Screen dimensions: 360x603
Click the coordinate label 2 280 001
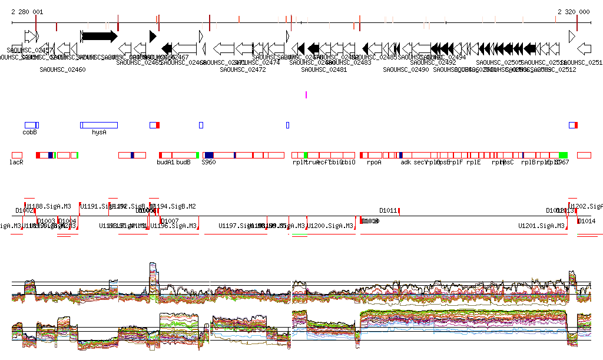[27, 12]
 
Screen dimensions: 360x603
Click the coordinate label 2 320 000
[574, 12]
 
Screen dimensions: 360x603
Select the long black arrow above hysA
[99, 36]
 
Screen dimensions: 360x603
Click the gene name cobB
[30, 133]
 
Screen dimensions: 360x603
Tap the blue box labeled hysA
[99, 125]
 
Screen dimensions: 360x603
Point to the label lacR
[16, 162]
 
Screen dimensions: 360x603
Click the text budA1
[165, 162]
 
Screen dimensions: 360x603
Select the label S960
[208, 162]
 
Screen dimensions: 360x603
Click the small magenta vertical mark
[306, 94]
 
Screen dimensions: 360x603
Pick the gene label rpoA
[374, 162]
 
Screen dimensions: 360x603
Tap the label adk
[406, 162]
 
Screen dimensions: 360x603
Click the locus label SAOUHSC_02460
[62, 70]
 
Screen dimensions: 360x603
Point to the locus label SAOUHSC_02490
[406, 70]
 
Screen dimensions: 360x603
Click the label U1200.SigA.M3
[331, 226]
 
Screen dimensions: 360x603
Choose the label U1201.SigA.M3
[542, 226]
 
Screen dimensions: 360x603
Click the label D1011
[388, 210]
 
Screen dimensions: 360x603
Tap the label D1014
[587, 222]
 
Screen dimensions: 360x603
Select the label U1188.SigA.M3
[48, 206]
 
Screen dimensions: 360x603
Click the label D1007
[170, 222]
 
